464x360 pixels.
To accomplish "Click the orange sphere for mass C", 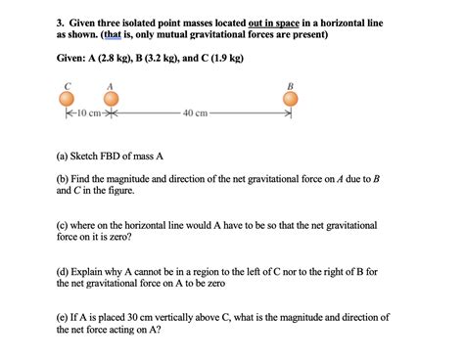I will click(x=67, y=100).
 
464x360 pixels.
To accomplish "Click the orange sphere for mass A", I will click(x=109, y=100).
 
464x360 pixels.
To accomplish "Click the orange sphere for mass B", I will click(x=290, y=100).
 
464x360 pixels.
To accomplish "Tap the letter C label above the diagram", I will click(x=67, y=85).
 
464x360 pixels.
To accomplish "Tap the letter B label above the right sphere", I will click(x=290, y=85).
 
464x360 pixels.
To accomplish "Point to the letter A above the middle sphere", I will click(x=110, y=85).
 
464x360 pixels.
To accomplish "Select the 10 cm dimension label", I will click(x=87, y=114).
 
